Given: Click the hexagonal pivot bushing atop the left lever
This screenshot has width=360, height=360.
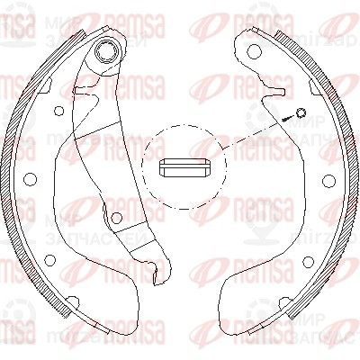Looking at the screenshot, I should click(107, 51).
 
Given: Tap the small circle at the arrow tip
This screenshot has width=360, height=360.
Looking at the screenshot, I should click(301, 112).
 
